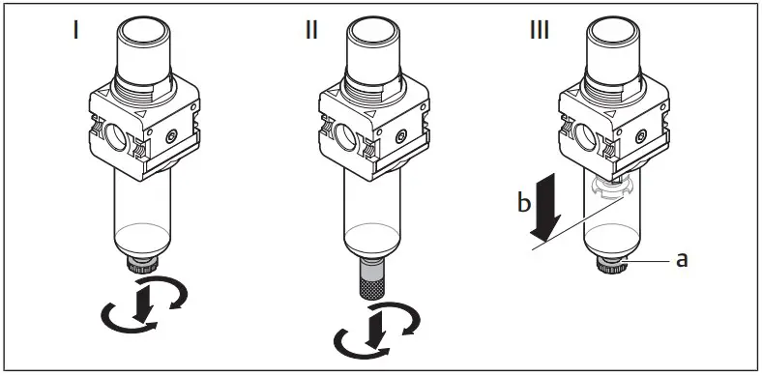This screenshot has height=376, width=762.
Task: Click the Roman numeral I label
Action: coord(75,30)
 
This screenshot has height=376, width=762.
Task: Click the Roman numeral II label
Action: coord(310,30)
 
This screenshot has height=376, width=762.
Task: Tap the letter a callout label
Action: coord(682,260)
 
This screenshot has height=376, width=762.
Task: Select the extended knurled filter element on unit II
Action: coord(378,280)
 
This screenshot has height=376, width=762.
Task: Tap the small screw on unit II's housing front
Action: coord(409,136)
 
